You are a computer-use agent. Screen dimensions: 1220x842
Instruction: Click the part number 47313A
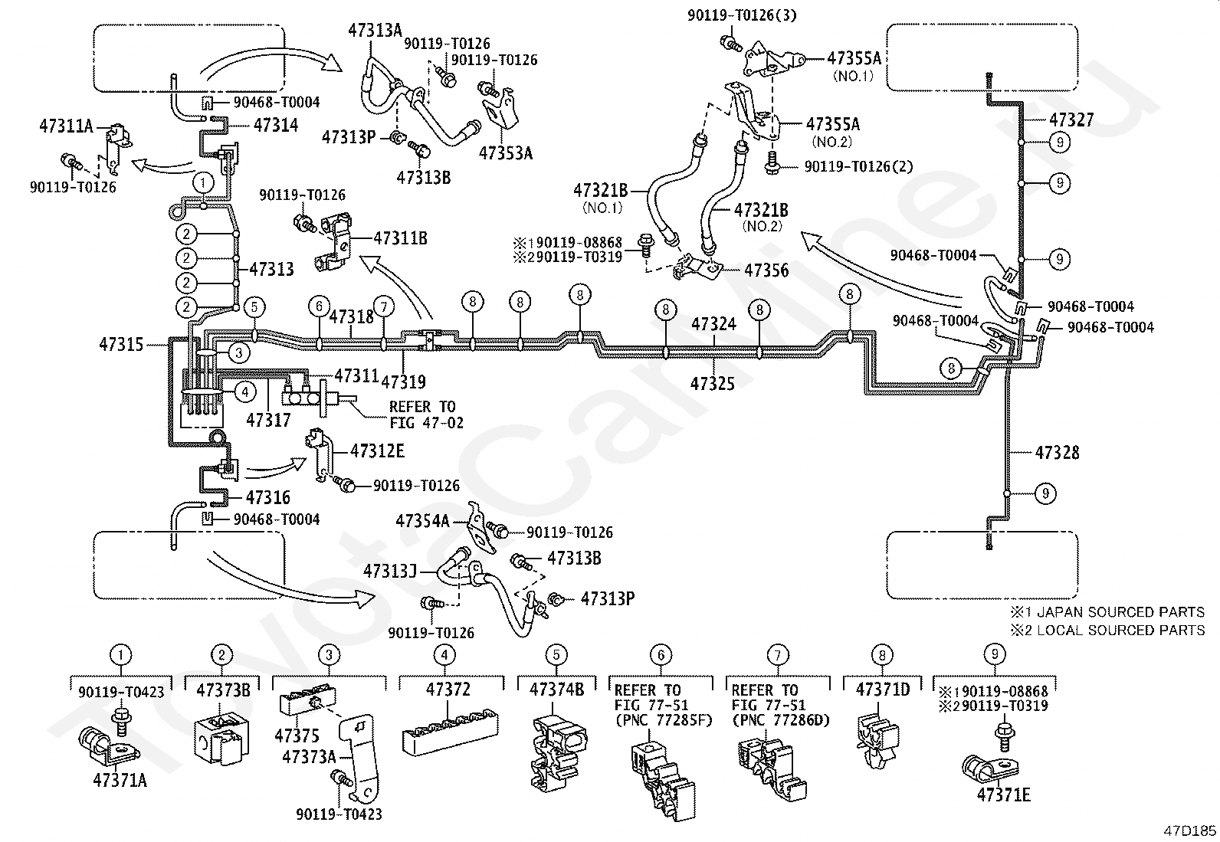click(x=375, y=30)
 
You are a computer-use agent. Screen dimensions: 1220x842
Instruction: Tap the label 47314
click(x=276, y=125)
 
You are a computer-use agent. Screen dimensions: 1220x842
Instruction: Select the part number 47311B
click(x=400, y=238)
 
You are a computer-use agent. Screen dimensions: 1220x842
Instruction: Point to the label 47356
click(x=766, y=270)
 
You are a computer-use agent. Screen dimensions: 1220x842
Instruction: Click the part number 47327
click(x=1071, y=120)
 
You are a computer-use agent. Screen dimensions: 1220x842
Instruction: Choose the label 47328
click(x=1057, y=453)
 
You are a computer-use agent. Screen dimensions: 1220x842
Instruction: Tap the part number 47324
click(x=713, y=324)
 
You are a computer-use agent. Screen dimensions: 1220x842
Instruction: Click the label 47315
click(x=121, y=344)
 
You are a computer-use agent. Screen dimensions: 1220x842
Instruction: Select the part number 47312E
click(x=378, y=451)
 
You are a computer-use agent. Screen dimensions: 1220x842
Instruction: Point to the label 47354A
click(x=423, y=521)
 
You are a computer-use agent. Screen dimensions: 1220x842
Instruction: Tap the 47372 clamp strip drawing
click(x=450, y=732)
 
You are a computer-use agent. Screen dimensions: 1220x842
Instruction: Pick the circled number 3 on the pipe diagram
click(x=239, y=353)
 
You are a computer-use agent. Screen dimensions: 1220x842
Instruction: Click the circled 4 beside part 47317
click(x=246, y=391)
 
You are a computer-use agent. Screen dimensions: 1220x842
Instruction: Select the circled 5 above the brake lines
click(x=254, y=307)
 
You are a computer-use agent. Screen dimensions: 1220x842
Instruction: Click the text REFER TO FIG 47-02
click(x=426, y=415)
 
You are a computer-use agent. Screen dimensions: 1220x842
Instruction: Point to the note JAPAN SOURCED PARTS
click(x=1120, y=612)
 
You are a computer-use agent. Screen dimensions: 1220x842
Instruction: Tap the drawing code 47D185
click(x=1189, y=831)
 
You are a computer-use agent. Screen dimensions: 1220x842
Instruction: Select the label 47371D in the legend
click(x=882, y=690)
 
